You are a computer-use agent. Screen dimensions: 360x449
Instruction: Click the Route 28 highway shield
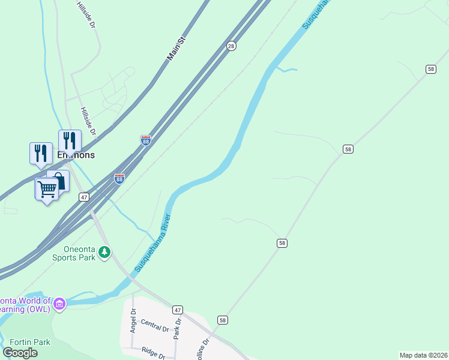pyautogui.click(x=231, y=46)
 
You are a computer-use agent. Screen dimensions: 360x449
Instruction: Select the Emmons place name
pyautogui.click(x=76, y=154)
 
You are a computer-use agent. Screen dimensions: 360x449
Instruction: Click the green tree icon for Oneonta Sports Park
pyautogui.click(x=105, y=252)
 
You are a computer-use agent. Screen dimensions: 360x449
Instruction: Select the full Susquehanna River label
pyautogui.click(x=153, y=242)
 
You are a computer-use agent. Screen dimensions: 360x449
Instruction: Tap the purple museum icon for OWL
pyautogui.click(x=59, y=304)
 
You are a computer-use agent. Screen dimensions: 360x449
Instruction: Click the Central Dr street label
pyautogui.click(x=155, y=326)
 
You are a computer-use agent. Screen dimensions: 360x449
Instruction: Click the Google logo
pyautogui.click(x=20, y=353)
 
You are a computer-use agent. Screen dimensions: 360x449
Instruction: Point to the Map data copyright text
pyautogui.click(x=423, y=355)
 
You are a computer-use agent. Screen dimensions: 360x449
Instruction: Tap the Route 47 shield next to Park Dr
pyautogui.click(x=177, y=310)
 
